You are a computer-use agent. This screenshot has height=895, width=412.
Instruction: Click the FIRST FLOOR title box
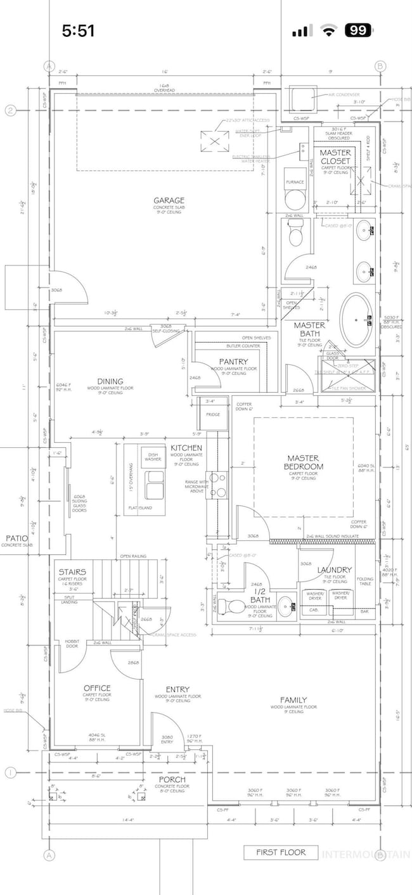coord(280,853)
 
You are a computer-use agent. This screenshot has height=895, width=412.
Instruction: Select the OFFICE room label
coord(97,688)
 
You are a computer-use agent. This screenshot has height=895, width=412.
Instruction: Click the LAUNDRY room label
coord(334,570)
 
